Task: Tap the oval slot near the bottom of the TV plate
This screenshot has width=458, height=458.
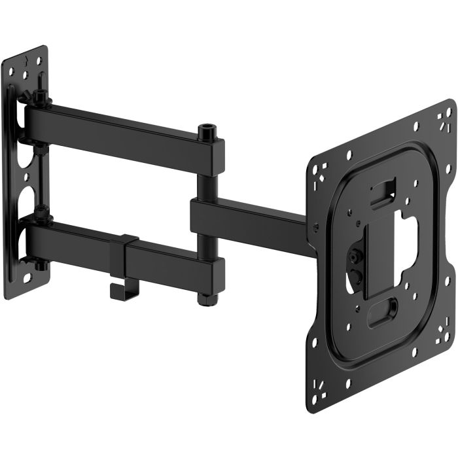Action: (383, 309)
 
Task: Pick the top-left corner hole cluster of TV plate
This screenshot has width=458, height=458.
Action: (318, 172)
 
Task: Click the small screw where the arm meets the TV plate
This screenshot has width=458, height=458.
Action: (316, 227)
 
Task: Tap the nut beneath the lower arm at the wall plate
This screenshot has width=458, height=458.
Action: (41, 264)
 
